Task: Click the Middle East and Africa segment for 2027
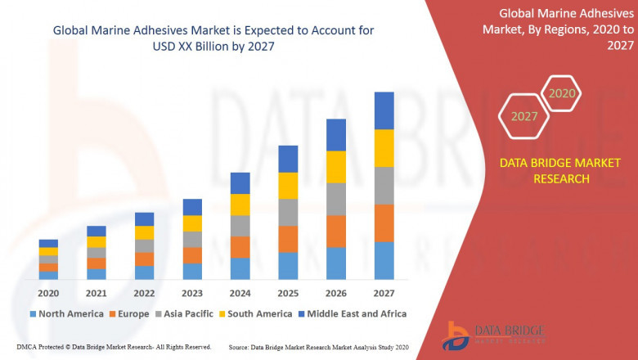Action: [384, 110]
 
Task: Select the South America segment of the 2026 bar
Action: [335, 167]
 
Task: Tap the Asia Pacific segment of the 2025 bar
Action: [287, 212]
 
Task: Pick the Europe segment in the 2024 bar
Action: [240, 247]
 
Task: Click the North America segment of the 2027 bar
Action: [384, 260]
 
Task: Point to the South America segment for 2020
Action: [48, 251]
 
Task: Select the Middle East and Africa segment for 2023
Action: [192, 207]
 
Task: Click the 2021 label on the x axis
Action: [97, 293]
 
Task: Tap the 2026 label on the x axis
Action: [335, 293]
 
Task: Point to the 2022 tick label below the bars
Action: [144, 293]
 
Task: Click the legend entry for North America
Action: [66, 313]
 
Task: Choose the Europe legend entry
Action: [130, 313]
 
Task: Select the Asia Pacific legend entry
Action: [186, 313]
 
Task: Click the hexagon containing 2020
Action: [562, 93]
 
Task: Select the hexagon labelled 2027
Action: [524, 116]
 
